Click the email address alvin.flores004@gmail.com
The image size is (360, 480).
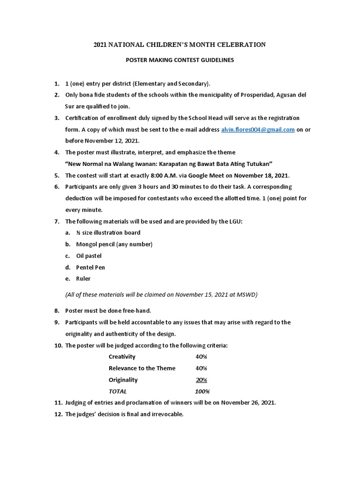pyautogui.click(x=258, y=129)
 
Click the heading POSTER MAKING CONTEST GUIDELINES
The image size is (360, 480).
pyautogui.click(x=180, y=60)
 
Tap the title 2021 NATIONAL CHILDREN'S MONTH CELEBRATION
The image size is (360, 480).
pyautogui.click(x=180, y=45)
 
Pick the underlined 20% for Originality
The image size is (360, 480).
pyautogui.click(x=202, y=380)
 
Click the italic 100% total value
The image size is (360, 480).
pyautogui.click(x=202, y=391)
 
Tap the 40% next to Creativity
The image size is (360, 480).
pyautogui.click(x=202, y=357)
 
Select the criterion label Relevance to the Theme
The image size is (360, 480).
pyautogui.click(x=142, y=368)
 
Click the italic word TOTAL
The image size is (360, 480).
pyautogui.click(x=118, y=391)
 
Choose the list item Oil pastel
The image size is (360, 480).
pyautogui.click(x=89, y=256)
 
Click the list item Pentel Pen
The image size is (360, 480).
pyautogui.click(x=90, y=267)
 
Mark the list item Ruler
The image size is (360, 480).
pyautogui.click(x=84, y=278)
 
